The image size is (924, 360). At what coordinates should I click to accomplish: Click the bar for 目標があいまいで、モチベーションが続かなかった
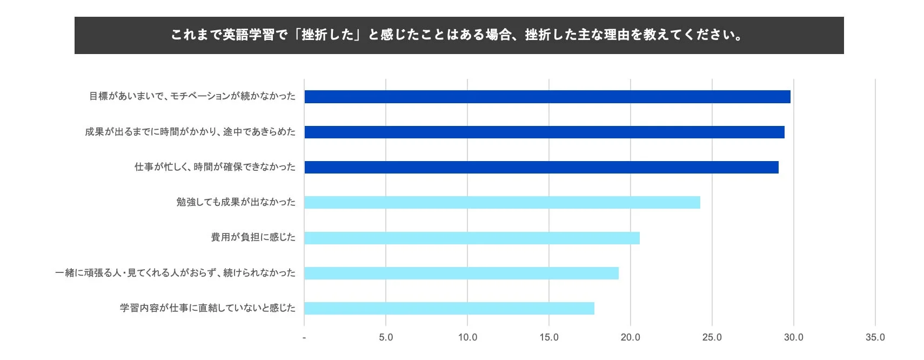coord(547,97)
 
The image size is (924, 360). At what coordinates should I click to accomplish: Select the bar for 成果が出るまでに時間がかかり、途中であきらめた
coord(544,132)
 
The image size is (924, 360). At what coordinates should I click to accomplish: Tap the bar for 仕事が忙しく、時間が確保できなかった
coord(541,167)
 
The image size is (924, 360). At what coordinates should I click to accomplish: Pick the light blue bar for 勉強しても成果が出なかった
coord(502,203)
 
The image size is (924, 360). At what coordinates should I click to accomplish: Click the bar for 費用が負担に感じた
coord(472,238)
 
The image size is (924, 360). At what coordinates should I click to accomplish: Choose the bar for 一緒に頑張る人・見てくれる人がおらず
coord(461,273)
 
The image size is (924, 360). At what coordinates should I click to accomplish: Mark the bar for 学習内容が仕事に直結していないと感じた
coord(449,308)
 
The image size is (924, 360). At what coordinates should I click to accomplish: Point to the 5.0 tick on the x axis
coord(386,337)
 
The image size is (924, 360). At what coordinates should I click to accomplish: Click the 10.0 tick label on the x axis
coord(467,337)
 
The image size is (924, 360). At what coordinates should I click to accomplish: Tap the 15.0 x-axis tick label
coord(549,337)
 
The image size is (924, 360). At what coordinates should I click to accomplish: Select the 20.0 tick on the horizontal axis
coord(630,337)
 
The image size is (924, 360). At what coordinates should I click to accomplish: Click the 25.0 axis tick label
coord(712,337)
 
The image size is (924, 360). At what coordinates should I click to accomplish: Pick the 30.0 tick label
coord(793,337)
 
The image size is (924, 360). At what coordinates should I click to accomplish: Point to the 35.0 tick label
coord(875,337)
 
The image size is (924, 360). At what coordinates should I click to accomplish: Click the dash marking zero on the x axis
coord(304,338)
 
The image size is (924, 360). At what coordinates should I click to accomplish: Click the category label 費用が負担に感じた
coord(253,237)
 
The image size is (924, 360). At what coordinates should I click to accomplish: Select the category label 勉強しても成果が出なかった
coord(236,202)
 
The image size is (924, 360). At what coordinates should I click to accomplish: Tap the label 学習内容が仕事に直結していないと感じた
coord(207,308)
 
